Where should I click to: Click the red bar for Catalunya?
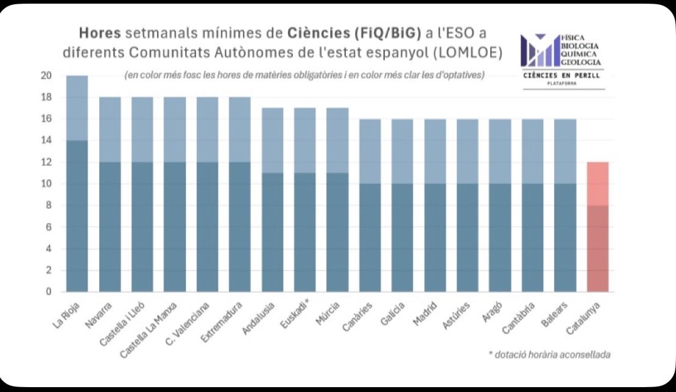click(x=597, y=226)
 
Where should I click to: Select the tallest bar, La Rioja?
click(x=77, y=183)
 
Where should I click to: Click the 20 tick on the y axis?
click(x=46, y=76)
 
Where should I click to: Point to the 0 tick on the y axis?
click(x=48, y=292)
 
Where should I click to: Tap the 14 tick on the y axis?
click(x=46, y=141)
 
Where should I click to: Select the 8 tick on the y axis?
click(x=48, y=205)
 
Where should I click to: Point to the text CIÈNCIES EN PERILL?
click(x=562, y=75)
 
